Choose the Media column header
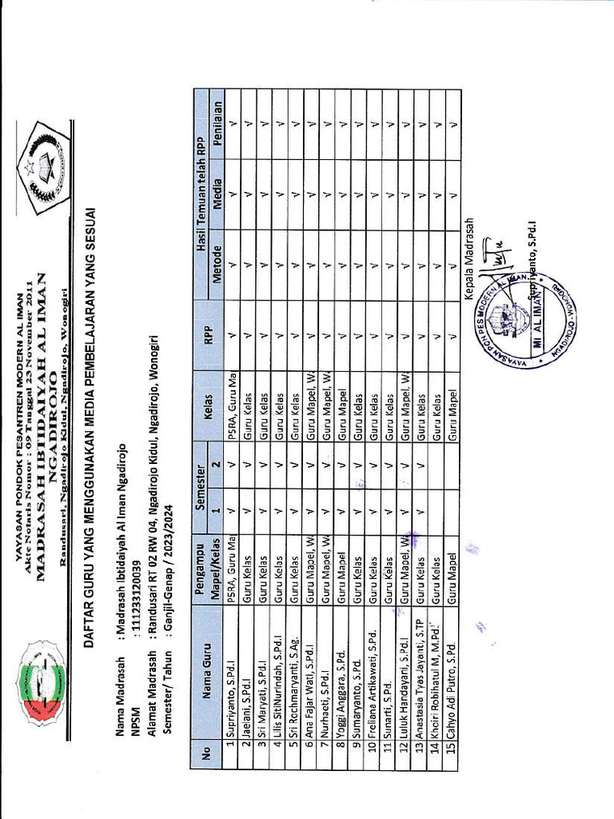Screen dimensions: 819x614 217,186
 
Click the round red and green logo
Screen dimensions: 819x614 42,685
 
